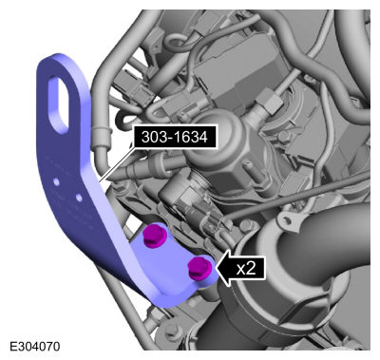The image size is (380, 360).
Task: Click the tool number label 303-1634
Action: point(175,137)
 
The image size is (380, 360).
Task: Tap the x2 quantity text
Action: point(246,269)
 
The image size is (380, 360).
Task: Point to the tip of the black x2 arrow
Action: point(216,268)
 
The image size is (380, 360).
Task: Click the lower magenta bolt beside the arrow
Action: point(199,269)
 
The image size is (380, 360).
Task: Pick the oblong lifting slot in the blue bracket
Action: point(59,104)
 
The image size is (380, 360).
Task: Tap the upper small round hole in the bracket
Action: point(56,181)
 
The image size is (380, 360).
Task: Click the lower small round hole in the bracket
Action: point(79,198)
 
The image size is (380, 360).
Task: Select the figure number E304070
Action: point(34,347)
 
